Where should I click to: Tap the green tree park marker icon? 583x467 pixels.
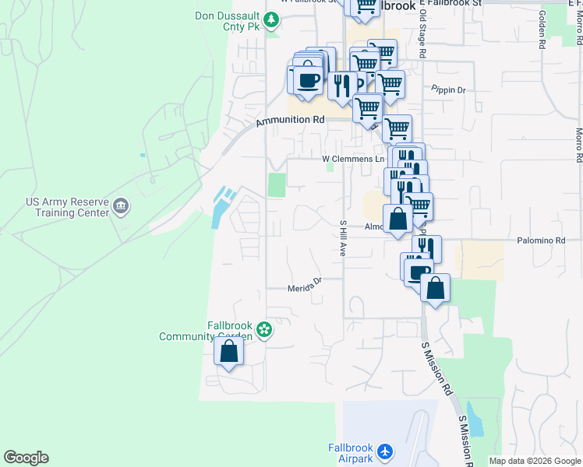point(271,19)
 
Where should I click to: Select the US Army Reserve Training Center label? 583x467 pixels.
point(66,206)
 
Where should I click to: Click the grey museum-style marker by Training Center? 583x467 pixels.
point(122,206)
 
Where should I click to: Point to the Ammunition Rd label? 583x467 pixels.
point(290,121)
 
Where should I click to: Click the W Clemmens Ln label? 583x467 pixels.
point(354,159)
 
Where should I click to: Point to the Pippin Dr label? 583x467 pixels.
point(448,90)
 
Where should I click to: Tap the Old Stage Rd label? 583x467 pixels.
point(422,35)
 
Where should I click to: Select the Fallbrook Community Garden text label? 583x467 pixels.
point(207,331)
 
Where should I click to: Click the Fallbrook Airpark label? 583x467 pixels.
point(349,452)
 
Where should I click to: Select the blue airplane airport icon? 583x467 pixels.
point(385,451)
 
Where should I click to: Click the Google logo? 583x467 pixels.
point(26,458)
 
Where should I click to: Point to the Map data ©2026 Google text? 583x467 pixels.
point(535,461)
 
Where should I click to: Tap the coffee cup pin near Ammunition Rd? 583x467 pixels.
point(309,80)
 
